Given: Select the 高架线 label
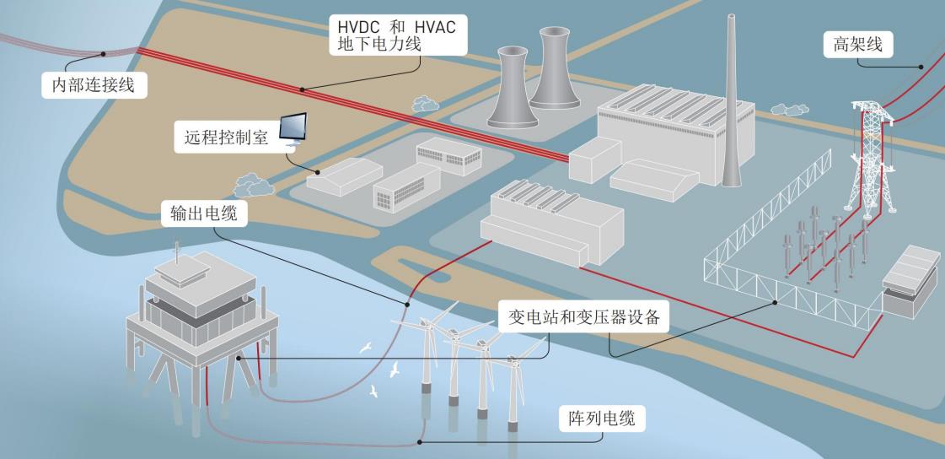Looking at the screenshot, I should pyautogui.click(x=852, y=45).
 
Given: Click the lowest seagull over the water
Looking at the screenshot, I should pyautogui.click(x=374, y=392).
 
